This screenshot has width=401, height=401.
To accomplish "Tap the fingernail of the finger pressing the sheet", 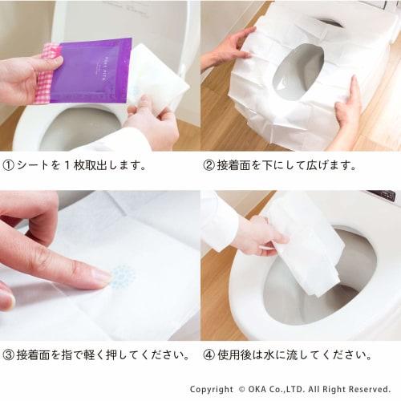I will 101,276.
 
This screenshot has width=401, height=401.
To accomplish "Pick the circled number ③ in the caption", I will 10,354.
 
